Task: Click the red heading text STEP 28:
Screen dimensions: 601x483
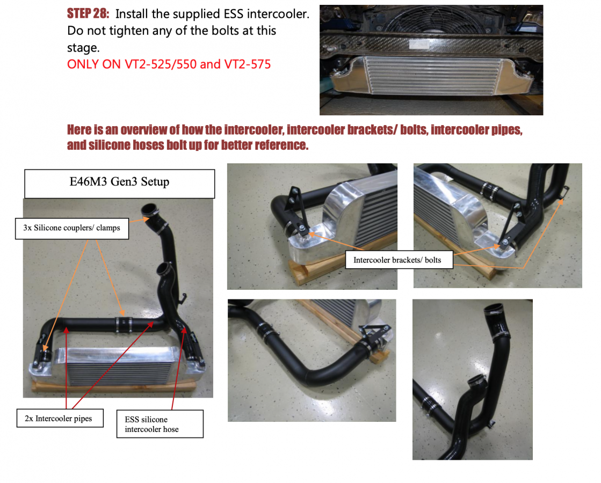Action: coord(88,14)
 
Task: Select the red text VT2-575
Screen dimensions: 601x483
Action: coord(247,64)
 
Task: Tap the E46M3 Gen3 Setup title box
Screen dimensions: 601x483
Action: coord(120,184)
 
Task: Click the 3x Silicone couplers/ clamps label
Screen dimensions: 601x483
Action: coord(71,228)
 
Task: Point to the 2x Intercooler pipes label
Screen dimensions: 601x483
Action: coord(60,418)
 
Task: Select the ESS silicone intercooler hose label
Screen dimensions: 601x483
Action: coord(160,424)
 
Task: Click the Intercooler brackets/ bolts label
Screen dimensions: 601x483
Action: coord(399,260)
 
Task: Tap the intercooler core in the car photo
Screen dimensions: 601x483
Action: coord(433,76)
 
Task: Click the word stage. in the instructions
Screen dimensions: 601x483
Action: coord(83,48)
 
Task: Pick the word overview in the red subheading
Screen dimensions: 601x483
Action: coord(144,130)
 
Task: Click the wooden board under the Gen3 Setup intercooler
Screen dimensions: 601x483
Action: coord(114,385)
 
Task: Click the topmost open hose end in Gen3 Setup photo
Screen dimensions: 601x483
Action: coord(150,209)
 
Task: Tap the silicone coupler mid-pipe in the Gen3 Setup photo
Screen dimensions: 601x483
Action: coord(124,324)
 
